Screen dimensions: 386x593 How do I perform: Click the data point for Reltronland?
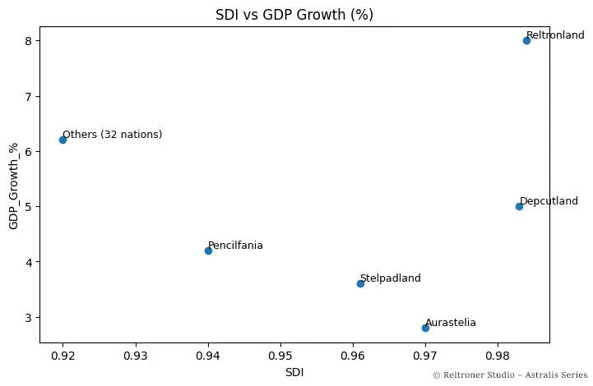[x=526, y=40]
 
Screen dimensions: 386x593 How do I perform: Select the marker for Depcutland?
[x=519, y=206]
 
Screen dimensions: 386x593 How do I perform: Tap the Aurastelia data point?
[x=425, y=328]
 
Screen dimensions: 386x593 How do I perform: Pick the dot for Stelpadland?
[x=360, y=283]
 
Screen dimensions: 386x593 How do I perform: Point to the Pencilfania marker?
[x=208, y=250]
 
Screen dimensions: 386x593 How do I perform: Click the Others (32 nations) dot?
[x=63, y=140]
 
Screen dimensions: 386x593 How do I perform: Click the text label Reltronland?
[x=555, y=35]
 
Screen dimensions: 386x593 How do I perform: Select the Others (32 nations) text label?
[x=113, y=135]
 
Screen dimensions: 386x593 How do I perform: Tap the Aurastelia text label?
[x=451, y=323]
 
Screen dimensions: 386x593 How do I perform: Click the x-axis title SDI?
[x=294, y=372]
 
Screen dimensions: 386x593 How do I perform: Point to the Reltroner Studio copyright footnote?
[x=510, y=375]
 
